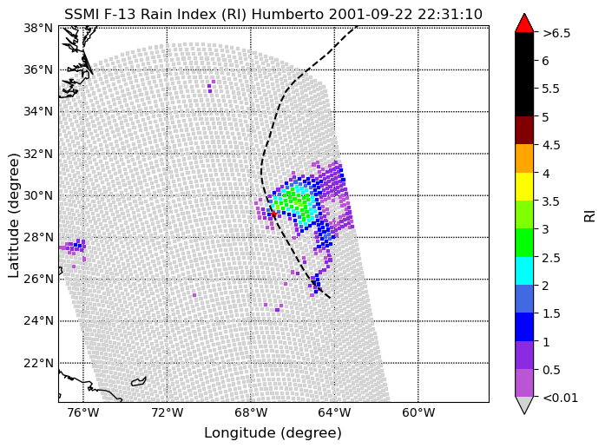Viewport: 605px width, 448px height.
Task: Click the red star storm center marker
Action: coord(273,214)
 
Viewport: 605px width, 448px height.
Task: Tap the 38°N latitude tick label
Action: coord(38,28)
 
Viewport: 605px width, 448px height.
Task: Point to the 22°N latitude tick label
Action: coord(38,363)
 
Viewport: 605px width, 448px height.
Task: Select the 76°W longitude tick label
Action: coord(83,413)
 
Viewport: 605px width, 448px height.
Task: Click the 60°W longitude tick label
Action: coord(418,413)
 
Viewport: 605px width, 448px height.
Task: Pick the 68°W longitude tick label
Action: coord(251,413)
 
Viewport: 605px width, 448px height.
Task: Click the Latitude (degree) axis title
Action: coord(14,215)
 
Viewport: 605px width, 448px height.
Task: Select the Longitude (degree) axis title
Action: coord(273,433)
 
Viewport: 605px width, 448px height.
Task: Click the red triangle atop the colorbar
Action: coord(524,23)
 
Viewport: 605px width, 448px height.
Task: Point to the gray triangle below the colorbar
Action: coord(524,405)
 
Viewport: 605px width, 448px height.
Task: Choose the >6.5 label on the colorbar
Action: coord(556,33)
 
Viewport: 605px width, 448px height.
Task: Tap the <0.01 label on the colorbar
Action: coord(560,398)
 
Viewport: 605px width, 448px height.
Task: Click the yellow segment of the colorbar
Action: coord(524,187)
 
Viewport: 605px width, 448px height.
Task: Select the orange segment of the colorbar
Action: coord(524,159)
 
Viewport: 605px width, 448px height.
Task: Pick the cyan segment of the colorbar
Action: coord(524,271)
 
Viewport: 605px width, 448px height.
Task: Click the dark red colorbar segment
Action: coord(524,130)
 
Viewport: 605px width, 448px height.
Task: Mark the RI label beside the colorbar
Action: coord(590,215)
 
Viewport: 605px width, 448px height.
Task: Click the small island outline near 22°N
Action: coord(139,381)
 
